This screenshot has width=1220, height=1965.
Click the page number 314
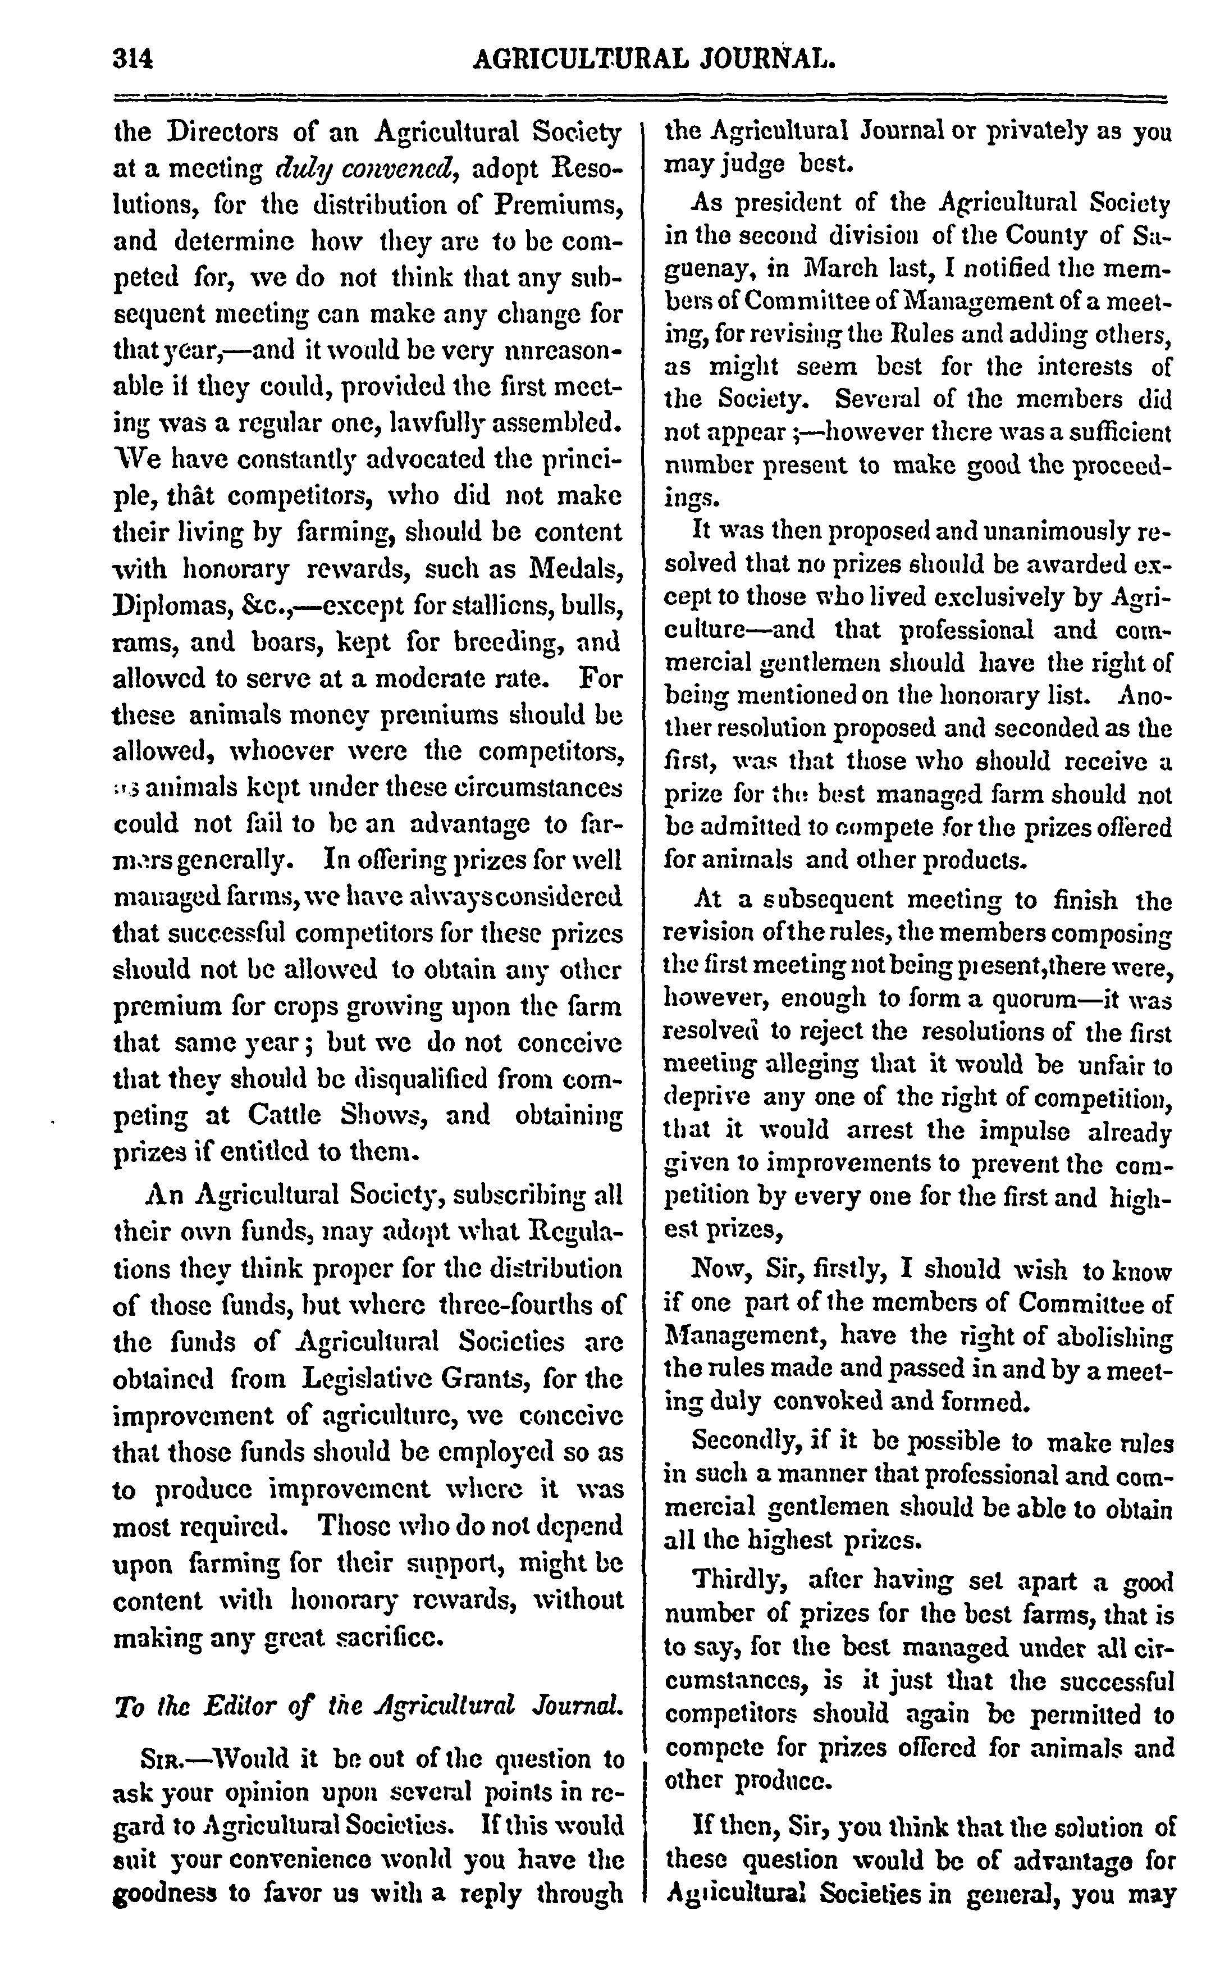pos(134,60)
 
